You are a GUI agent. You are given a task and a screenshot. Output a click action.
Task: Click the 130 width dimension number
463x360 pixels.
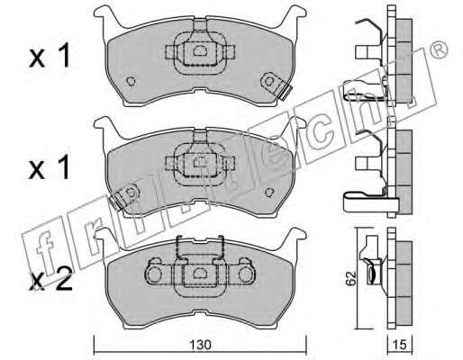pyautogui.click(x=200, y=345)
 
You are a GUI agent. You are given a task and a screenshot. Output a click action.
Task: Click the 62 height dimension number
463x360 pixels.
pyautogui.click(x=350, y=278)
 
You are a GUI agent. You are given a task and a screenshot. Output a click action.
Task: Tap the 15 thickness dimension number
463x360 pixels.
pyautogui.click(x=400, y=345)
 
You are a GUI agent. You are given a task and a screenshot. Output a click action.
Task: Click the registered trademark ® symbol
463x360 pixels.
pyautogui.click(x=439, y=50)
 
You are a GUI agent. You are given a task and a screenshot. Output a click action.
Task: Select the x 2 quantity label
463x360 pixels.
pyautogui.click(x=50, y=280)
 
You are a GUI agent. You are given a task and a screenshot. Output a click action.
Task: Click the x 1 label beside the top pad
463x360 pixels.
pyautogui.click(x=50, y=56)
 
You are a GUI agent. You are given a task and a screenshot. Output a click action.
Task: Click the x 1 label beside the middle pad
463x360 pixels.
pyautogui.click(x=50, y=167)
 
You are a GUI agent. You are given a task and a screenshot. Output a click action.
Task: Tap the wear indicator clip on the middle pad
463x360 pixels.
pyautogui.click(x=124, y=195)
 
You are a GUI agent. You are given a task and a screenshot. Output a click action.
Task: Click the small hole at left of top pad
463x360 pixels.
pyautogui.click(x=131, y=81)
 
